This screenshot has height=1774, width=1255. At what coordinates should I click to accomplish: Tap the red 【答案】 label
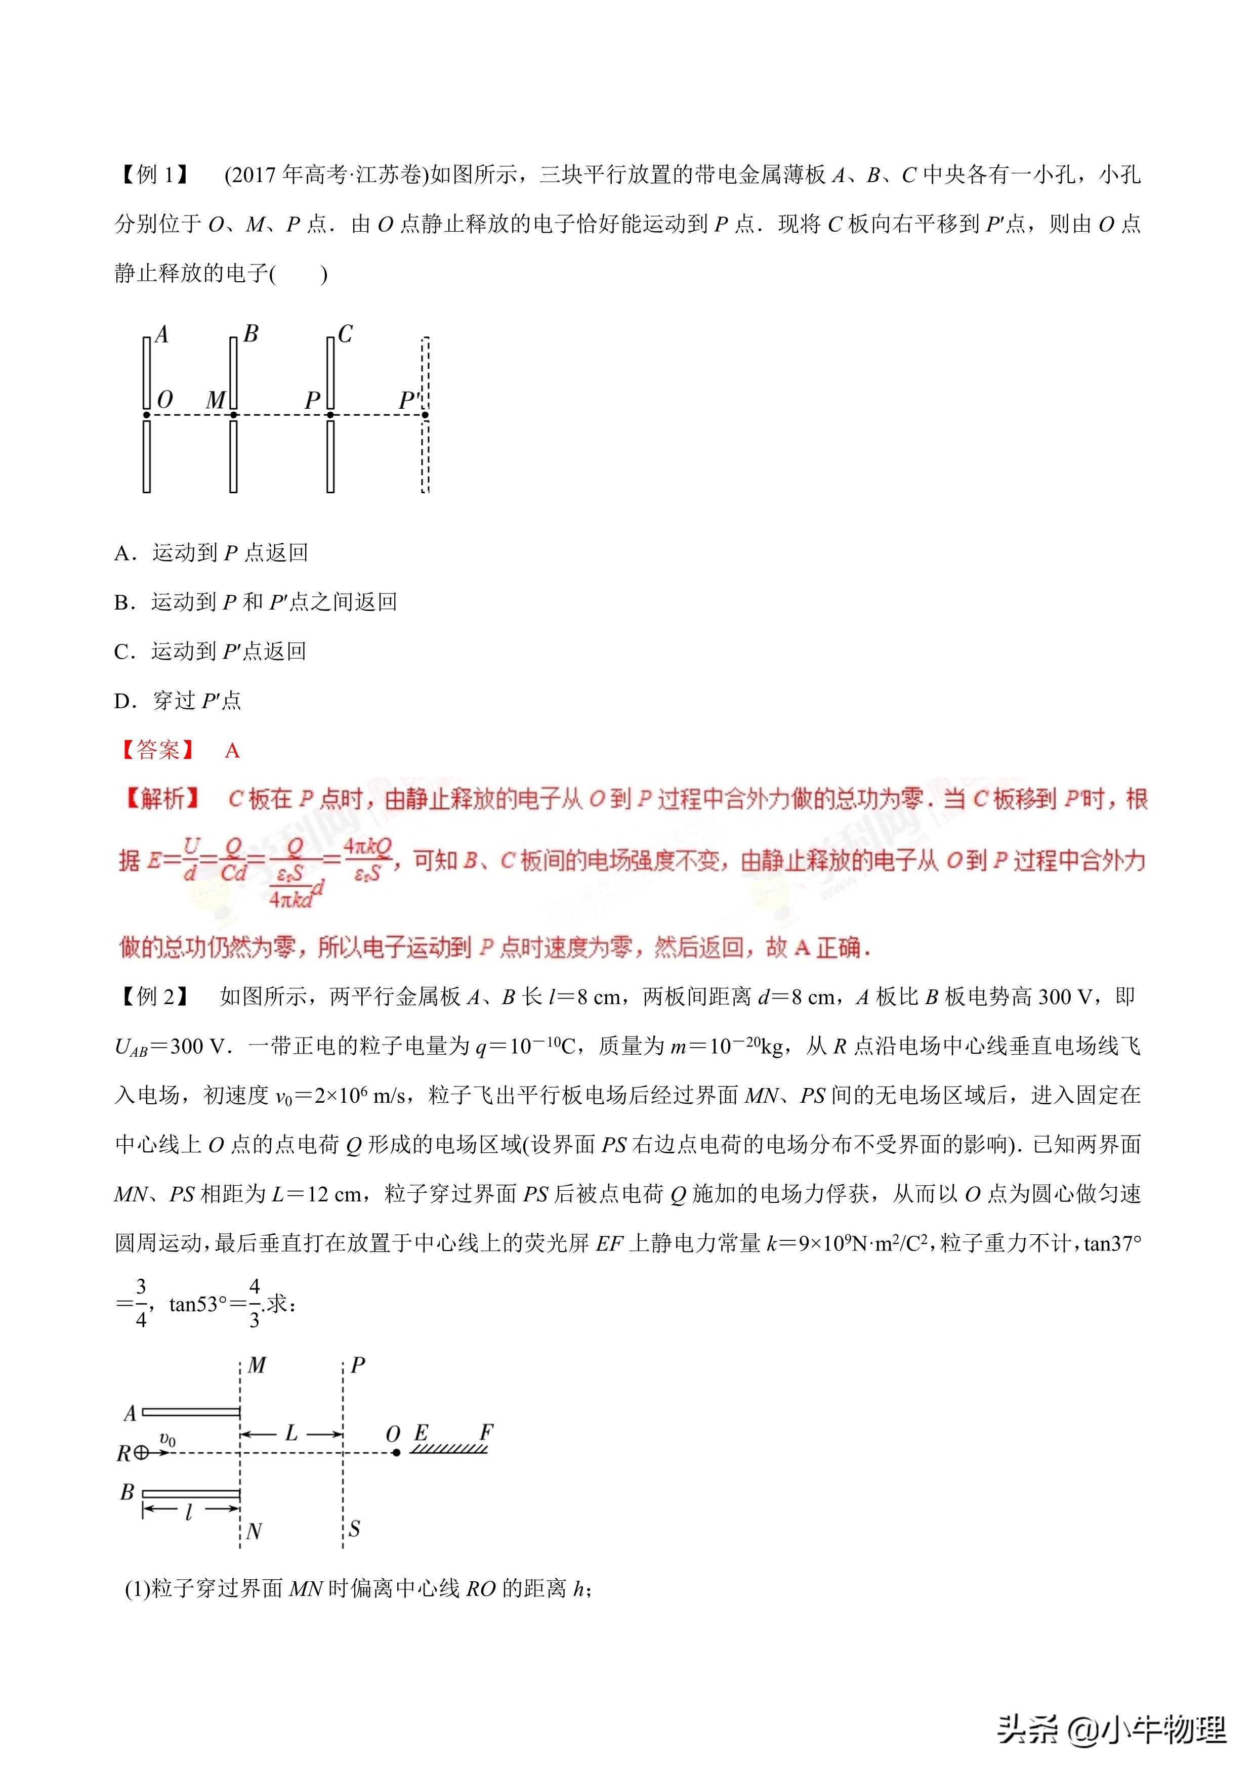[x=158, y=750]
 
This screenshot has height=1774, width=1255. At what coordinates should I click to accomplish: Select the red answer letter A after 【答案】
[x=232, y=751]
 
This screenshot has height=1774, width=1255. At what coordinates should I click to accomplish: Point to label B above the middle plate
[x=250, y=334]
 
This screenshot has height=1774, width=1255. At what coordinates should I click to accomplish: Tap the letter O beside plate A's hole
[x=164, y=400]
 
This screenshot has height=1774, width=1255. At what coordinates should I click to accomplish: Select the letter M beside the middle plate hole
[x=216, y=400]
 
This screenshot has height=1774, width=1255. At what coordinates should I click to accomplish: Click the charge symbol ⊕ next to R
[x=141, y=1453]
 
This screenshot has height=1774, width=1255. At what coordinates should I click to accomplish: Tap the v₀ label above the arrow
[x=168, y=1439]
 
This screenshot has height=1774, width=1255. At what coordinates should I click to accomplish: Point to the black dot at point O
[x=396, y=1453]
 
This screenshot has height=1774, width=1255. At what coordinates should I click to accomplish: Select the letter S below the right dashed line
[x=355, y=1528]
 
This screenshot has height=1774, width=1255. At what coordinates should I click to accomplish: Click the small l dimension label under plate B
[x=189, y=1513]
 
